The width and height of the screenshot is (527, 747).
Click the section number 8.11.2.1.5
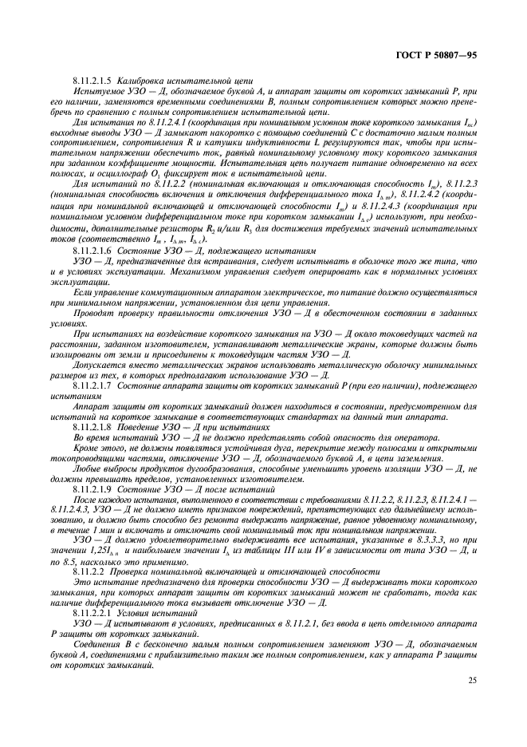point(92,81)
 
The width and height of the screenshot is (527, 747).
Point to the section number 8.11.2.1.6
point(92,250)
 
